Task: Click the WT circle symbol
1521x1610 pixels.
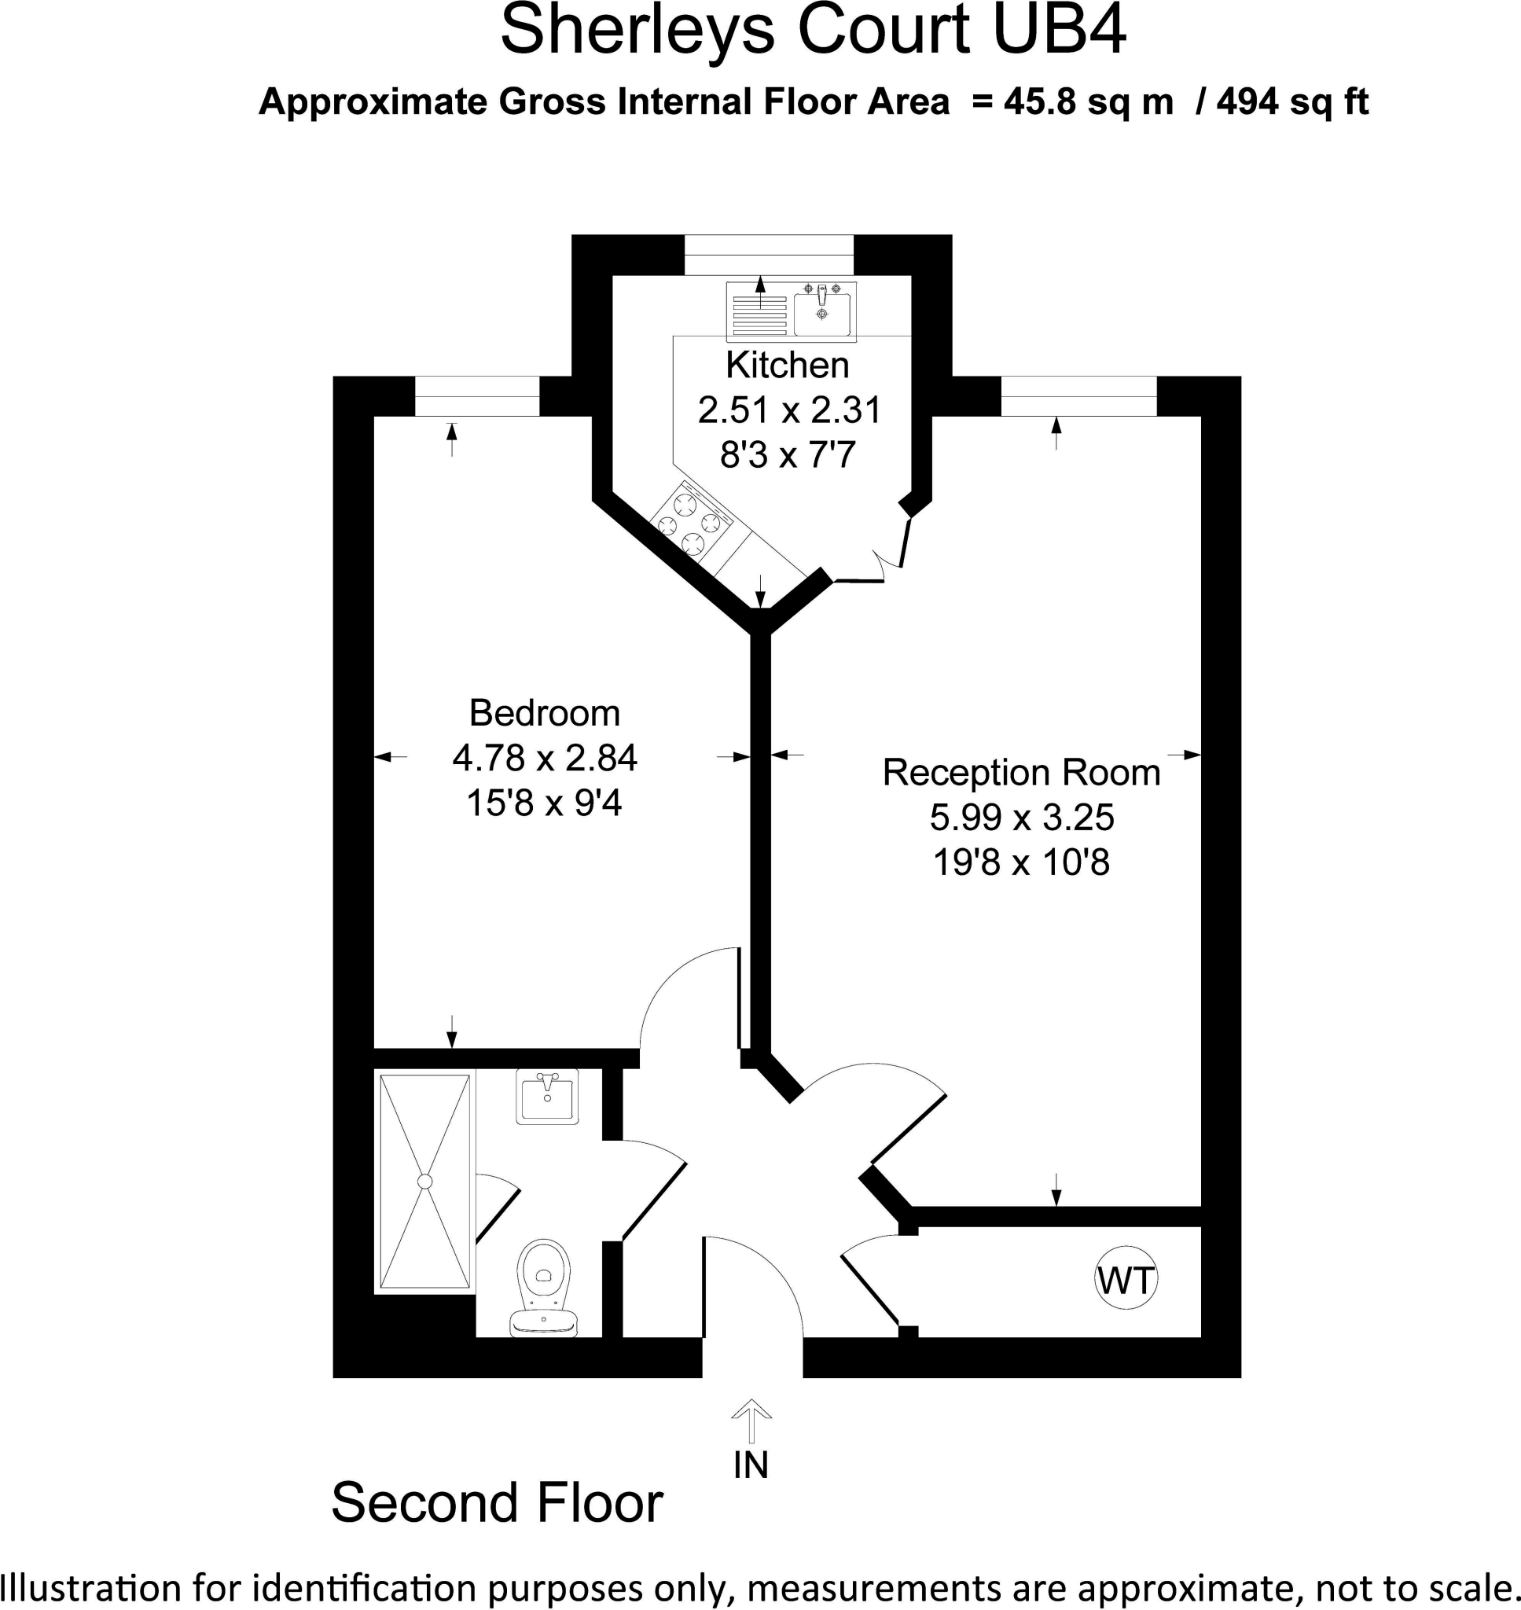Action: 1126,1281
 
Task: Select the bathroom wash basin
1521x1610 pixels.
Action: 547,1097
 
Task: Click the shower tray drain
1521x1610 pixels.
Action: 424,1182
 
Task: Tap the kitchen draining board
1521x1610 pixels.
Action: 759,314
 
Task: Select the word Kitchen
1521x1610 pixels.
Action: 788,366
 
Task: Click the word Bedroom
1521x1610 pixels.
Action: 544,713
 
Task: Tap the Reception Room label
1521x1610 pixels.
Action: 1022,773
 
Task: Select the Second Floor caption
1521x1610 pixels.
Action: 497,1502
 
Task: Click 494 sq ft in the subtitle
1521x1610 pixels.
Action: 1292,102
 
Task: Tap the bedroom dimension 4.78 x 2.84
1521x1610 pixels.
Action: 544,758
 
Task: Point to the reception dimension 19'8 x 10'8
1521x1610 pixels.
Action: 1022,862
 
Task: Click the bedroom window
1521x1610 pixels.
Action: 476,397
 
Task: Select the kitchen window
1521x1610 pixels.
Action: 769,255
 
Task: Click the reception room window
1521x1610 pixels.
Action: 1078,397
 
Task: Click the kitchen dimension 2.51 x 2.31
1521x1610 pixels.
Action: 789,410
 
